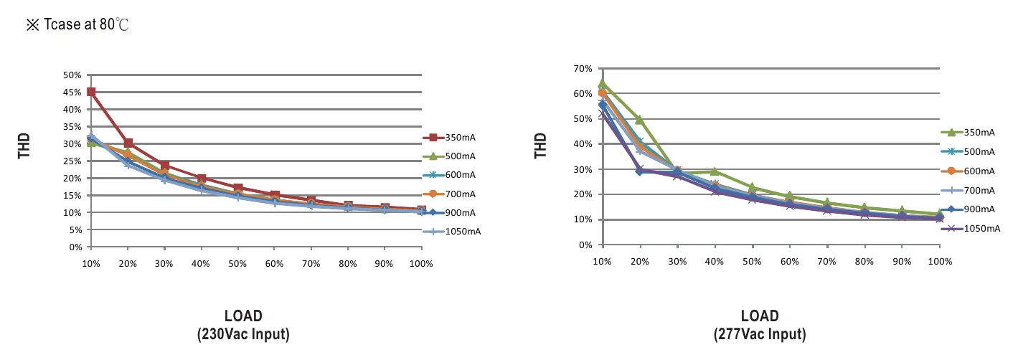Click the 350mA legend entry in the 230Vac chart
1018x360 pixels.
tap(449, 137)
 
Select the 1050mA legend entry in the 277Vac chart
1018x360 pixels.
tap(971, 228)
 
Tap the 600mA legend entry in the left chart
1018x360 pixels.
tap(449, 174)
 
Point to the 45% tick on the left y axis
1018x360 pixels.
tap(72, 93)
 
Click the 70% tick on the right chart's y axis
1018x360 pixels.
tap(583, 69)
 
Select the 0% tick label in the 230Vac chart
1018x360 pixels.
tap(75, 247)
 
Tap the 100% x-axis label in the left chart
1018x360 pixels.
tap(421, 264)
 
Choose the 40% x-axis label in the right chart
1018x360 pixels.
tap(715, 261)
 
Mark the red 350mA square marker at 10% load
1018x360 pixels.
tap(91, 92)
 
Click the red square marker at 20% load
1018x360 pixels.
tap(128, 143)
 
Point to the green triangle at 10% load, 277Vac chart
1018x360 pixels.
tap(603, 83)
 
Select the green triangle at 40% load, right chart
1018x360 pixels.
tap(715, 171)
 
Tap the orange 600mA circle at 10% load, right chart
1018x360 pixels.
tap(603, 93)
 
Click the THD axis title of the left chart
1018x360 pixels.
tap(24, 146)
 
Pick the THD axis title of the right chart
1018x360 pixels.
tap(540, 146)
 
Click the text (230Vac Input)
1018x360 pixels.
tap(243, 334)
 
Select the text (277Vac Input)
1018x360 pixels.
tap(760, 334)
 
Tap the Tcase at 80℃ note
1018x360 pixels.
tap(77, 24)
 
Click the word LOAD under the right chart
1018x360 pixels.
tap(760, 316)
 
